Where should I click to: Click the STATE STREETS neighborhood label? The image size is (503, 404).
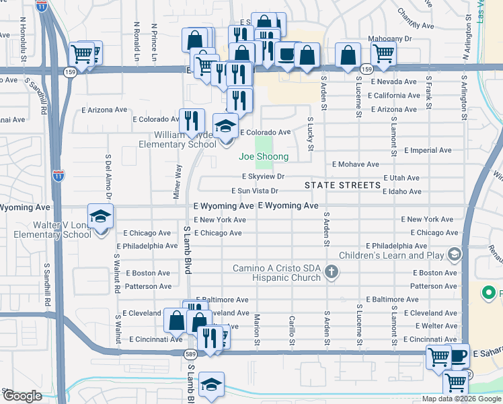coord(342,185)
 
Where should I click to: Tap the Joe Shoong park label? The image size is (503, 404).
coord(264,157)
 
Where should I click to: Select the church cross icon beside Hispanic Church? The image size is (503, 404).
coord(330,272)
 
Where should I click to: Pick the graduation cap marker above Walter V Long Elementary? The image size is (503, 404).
coord(100,216)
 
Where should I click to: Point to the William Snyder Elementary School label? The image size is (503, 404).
coord(178,139)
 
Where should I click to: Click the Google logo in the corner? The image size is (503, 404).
coord(22,395)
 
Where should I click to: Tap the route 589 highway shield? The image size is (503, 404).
coord(190,354)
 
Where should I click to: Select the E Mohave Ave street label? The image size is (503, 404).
coord(356,164)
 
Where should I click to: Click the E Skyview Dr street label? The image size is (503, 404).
coord(264,176)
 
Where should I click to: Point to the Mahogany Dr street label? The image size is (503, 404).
coord(389,39)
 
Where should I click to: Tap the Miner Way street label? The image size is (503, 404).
coord(178,180)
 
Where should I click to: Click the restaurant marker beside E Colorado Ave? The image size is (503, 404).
coord(192,121)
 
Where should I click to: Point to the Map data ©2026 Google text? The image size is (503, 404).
coord(461,399)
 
